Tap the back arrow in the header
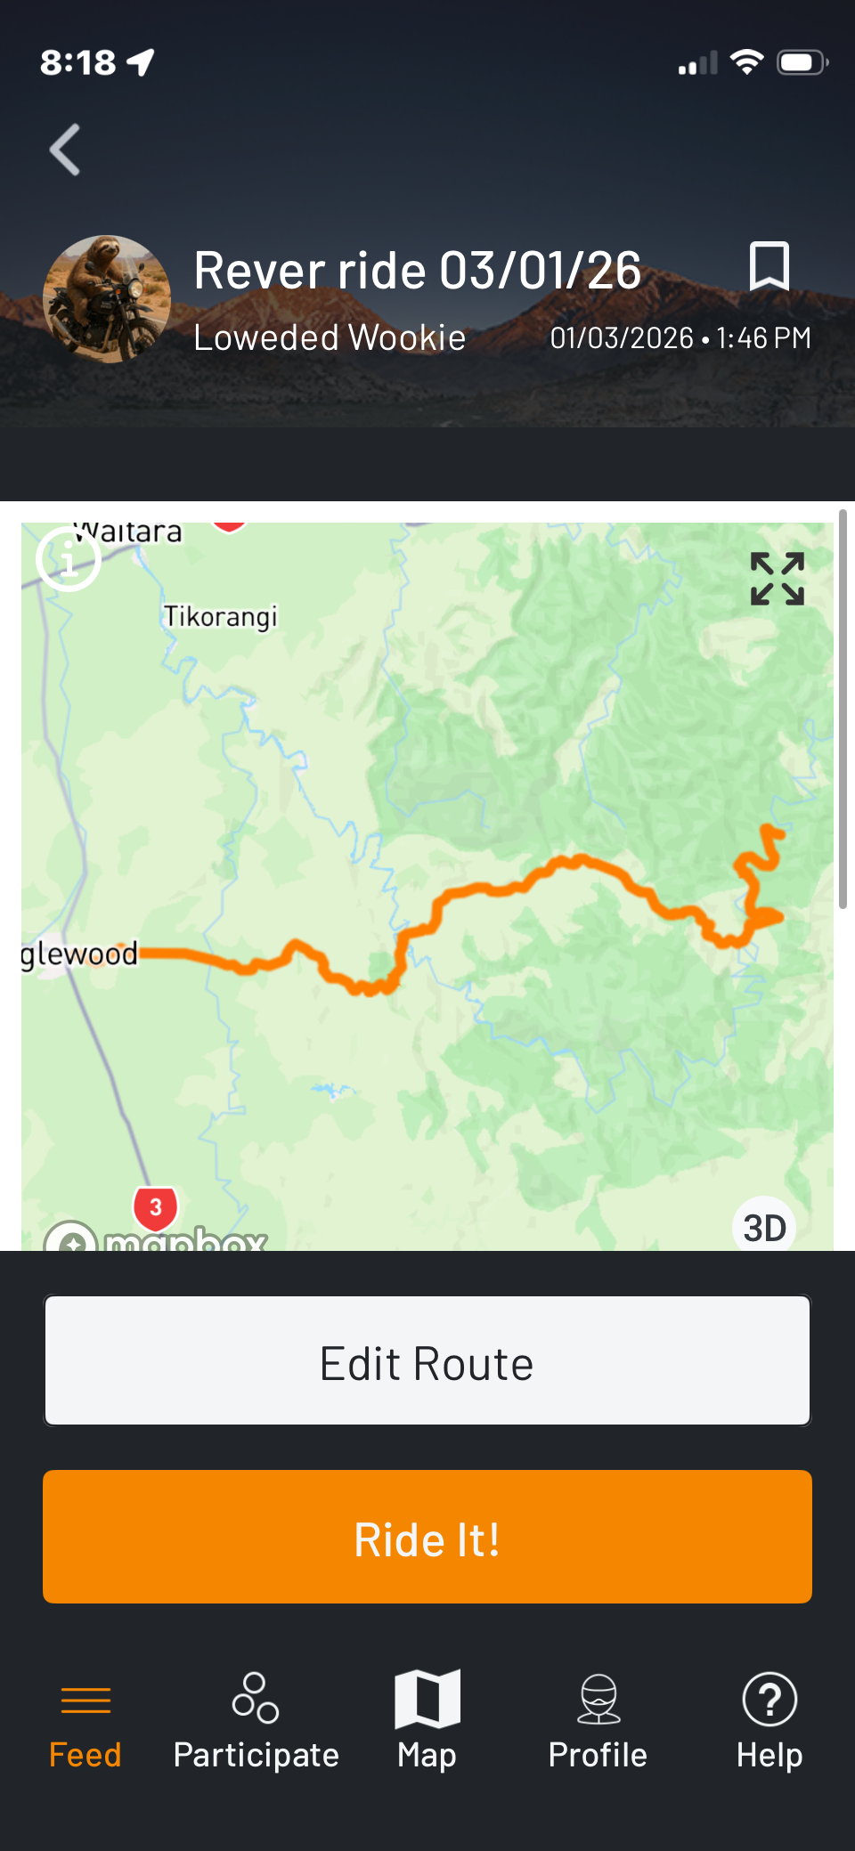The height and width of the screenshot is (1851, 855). click(65, 150)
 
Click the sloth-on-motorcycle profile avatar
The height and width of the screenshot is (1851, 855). click(107, 299)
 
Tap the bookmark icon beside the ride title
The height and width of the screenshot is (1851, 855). click(769, 266)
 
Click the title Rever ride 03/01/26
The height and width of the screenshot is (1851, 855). click(417, 271)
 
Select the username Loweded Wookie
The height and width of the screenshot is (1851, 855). click(330, 338)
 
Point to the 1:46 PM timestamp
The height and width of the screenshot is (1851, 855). click(763, 338)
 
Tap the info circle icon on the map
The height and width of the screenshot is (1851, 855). click(69, 559)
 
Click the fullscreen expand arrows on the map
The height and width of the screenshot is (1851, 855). click(778, 579)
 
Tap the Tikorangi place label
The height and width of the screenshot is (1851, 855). click(220, 616)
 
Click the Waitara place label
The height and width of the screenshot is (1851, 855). click(128, 532)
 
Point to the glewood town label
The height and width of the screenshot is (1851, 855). click(79, 954)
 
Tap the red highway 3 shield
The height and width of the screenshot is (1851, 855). click(156, 1208)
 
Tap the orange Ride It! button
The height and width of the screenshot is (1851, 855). click(427, 1538)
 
